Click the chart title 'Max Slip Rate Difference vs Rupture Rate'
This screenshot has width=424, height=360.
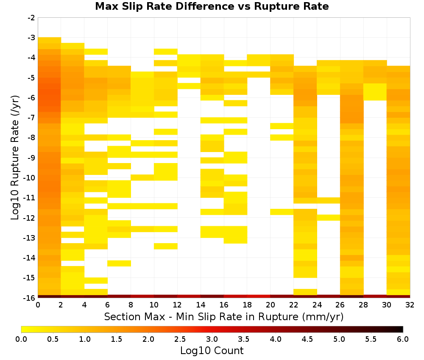tap(212, 6)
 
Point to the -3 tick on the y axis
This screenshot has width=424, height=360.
tap(31, 38)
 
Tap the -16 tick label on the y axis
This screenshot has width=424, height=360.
tap(30, 298)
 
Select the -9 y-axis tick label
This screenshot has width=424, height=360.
tap(31, 158)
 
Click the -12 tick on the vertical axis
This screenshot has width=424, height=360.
tap(30, 218)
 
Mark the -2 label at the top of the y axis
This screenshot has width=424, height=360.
tap(31, 18)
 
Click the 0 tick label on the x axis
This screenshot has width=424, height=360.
tap(38, 305)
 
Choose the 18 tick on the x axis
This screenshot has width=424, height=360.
tap(247, 305)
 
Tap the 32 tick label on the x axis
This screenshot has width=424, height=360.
tap(410, 305)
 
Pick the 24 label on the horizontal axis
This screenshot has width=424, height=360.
tap(317, 305)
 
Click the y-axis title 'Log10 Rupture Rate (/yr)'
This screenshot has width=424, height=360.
tap(15, 158)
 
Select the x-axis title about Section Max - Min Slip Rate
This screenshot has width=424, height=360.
tap(224, 317)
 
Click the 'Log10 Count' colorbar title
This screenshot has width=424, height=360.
tap(212, 351)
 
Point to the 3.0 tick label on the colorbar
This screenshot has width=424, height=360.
tap(212, 339)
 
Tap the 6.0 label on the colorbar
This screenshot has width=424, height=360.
tap(403, 339)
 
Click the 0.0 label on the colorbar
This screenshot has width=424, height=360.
tap(21, 339)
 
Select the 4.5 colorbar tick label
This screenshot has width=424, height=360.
tap(307, 339)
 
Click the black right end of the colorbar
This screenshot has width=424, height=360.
tap(401, 329)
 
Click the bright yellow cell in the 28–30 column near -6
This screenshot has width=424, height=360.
tap(375, 92)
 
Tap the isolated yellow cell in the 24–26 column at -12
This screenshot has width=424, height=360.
tap(329, 217)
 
